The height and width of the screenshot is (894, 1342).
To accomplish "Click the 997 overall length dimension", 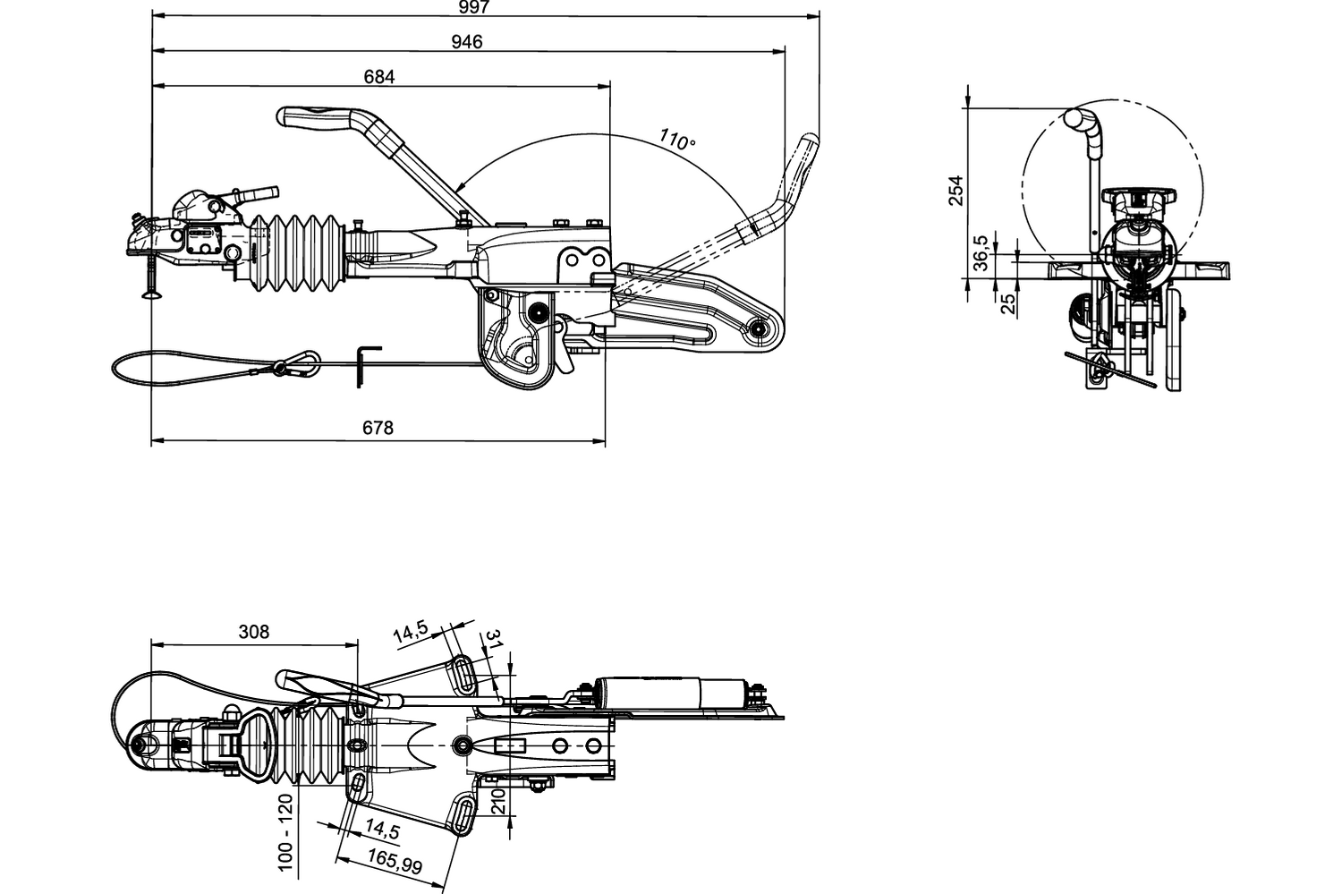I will click(474, 7).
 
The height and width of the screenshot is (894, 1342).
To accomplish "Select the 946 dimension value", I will click(467, 41).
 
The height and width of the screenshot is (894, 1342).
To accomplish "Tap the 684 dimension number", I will click(379, 77).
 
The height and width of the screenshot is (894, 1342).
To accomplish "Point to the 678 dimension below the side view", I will click(378, 428).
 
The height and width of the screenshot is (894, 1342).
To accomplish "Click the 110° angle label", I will click(677, 140).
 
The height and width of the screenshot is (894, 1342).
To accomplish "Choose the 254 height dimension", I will click(956, 191).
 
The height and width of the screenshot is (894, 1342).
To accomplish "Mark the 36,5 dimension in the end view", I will click(981, 252).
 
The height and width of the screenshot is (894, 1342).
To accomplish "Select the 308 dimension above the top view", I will click(254, 632).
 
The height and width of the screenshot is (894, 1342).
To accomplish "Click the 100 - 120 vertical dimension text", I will click(285, 832).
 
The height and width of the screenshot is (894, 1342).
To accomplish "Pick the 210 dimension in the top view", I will click(499, 799).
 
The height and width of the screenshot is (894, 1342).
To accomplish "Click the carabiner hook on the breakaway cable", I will click(297, 363).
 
